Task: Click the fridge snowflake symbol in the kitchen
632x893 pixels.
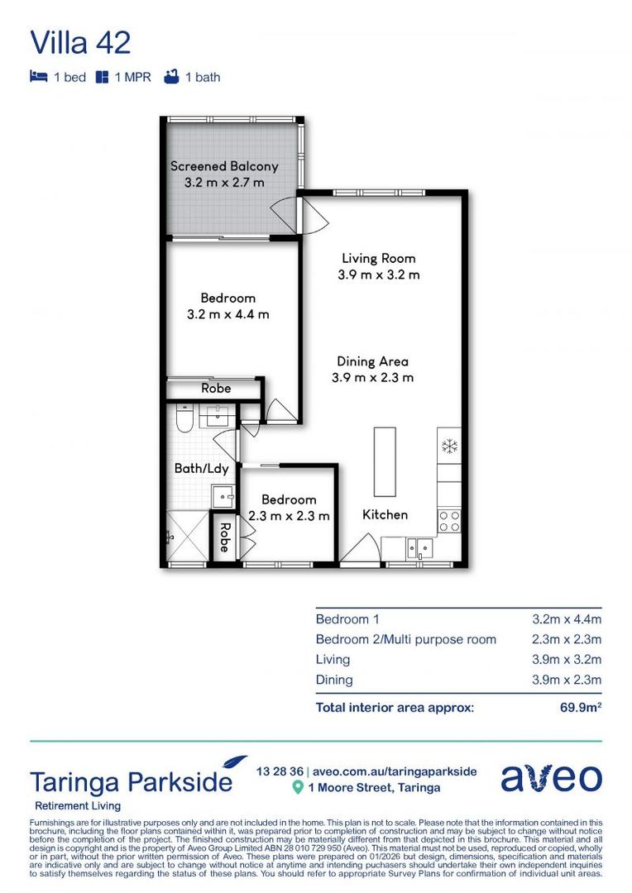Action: (449, 447)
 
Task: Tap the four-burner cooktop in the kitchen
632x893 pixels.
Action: (448, 520)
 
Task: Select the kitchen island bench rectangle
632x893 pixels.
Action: (385, 461)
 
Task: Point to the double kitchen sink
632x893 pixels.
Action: (418, 547)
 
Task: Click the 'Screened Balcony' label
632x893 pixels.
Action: (224, 166)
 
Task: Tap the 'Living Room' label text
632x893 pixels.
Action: (378, 259)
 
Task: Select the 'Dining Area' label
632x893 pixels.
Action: (372, 361)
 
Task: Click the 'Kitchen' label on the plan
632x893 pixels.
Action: (385, 514)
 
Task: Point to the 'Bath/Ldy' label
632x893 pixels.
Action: (201, 469)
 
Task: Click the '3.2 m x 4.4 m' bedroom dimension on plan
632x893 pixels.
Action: (227, 314)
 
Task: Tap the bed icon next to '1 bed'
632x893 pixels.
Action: (38, 78)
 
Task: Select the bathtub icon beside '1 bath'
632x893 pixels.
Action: (171, 78)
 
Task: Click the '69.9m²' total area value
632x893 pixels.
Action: (577, 707)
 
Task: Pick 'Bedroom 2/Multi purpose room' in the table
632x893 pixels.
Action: (406, 639)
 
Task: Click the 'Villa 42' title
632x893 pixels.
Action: (80, 42)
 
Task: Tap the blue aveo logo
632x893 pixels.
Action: (550, 778)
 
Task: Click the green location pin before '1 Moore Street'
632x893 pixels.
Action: (298, 788)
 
